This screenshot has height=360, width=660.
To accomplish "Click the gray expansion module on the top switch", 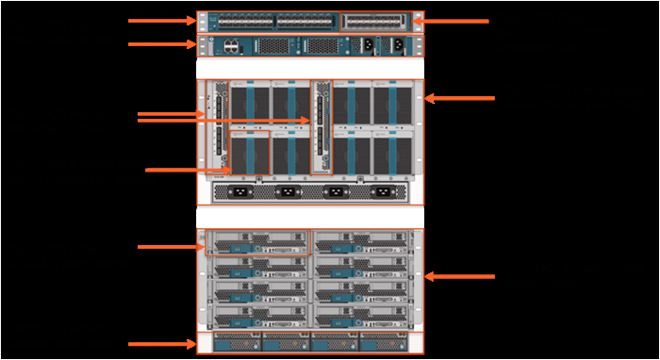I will pos(375,21).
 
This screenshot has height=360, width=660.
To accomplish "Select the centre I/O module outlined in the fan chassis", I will pos(322,127).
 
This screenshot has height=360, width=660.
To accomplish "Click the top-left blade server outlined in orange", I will pos(258,242).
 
